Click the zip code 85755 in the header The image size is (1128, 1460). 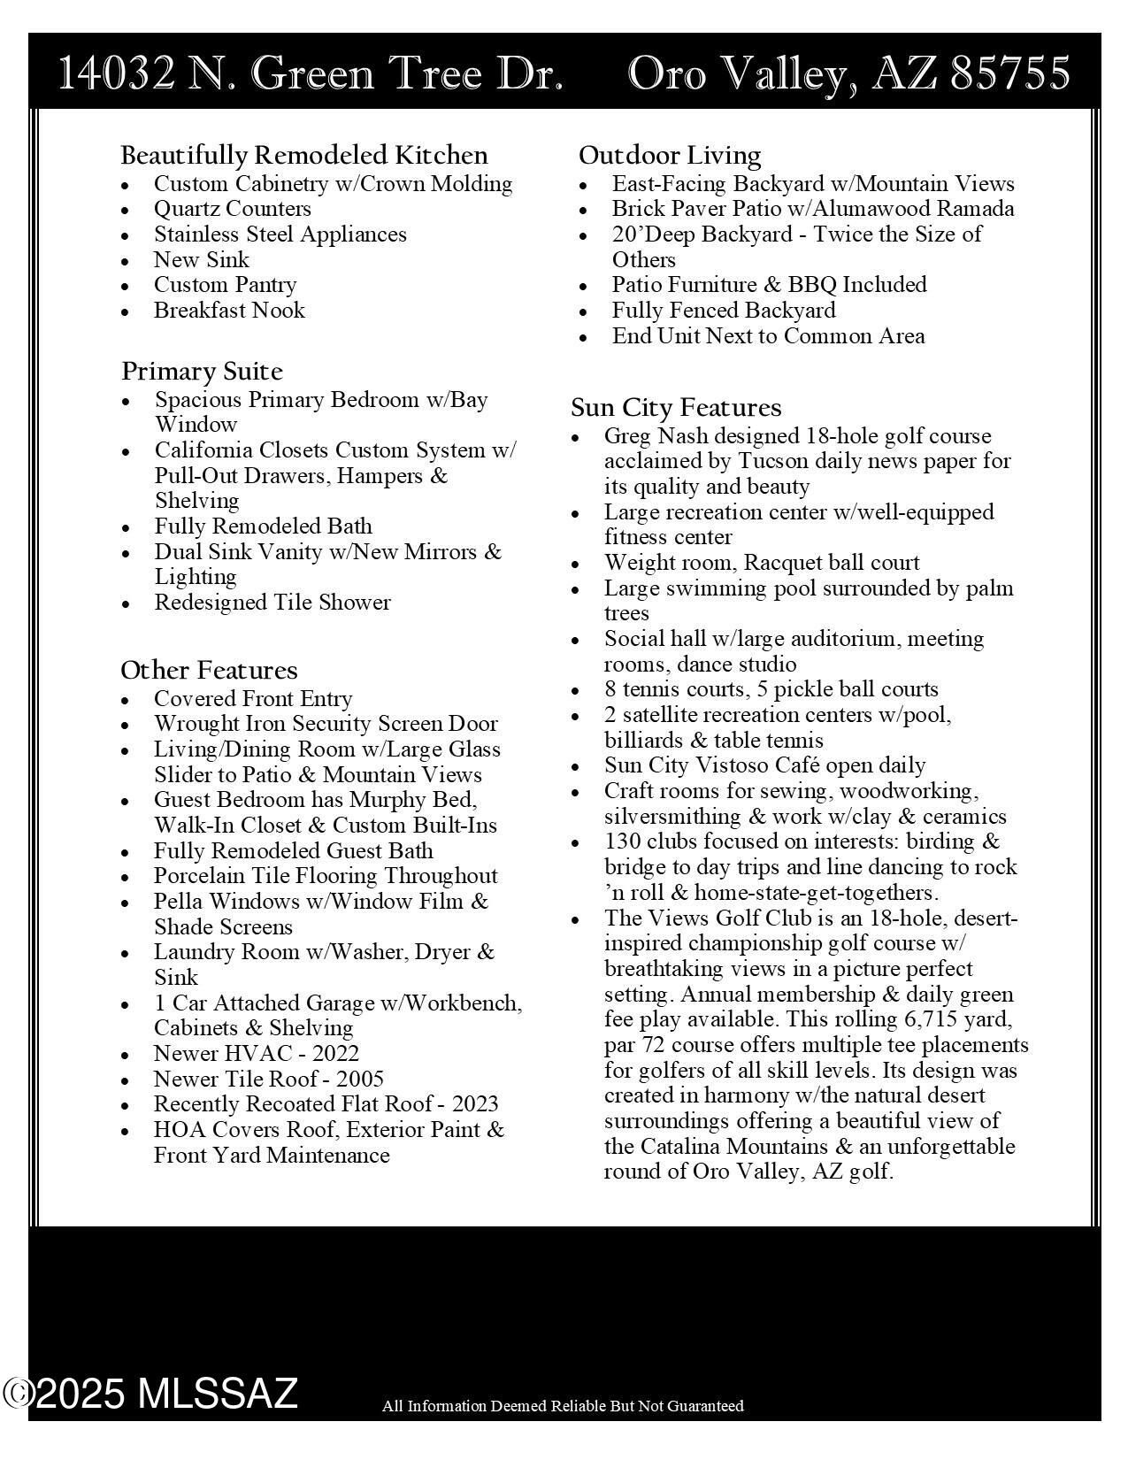click(1009, 73)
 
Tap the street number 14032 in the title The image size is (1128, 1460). click(116, 73)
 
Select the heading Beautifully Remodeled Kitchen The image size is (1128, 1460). click(304, 155)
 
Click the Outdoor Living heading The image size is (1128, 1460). click(670, 155)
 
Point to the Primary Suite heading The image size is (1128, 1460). click(202, 371)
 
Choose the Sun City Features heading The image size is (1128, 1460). click(676, 407)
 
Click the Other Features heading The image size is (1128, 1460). click(209, 670)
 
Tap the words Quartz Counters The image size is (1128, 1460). click(233, 209)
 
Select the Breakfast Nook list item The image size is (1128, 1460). click(229, 311)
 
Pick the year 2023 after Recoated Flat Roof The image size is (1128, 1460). click(475, 1104)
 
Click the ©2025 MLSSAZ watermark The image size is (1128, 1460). click(150, 1394)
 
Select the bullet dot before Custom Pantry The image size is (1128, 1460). click(128, 287)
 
